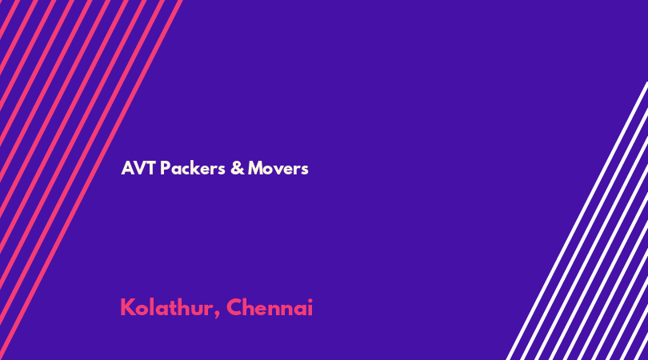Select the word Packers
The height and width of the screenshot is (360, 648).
(193, 168)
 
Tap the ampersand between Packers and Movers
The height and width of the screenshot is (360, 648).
(238, 168)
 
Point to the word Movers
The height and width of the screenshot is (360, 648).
(278, 168)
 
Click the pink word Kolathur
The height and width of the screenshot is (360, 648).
(166, 307)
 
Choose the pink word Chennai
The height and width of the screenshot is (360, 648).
(270, 307)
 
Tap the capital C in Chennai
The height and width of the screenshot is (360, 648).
(234, 307)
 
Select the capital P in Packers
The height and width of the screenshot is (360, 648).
(165, 168)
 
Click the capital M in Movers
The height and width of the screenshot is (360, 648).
(256, 168)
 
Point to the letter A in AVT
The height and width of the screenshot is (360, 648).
(127, 168)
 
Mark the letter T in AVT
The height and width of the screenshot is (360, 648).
(151, 168)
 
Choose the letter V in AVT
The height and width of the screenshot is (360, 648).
(139, 168)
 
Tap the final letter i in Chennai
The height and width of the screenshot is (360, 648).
(310, 307)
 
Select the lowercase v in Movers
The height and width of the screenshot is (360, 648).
(279, 170)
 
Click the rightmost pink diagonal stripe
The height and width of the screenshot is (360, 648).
(90, 180)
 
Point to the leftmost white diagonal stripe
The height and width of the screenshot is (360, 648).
(577, 221)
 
